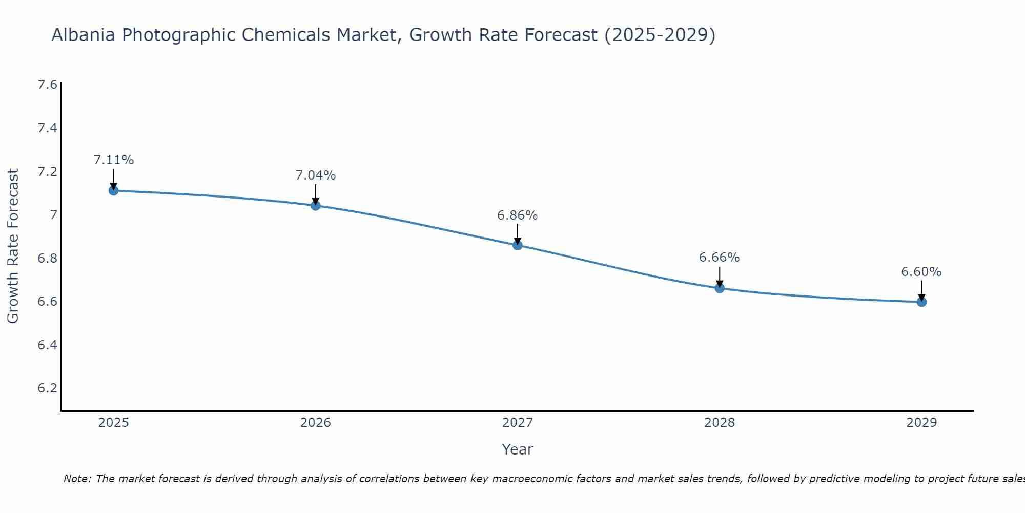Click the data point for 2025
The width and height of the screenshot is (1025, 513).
113,190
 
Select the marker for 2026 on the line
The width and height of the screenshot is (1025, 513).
315,206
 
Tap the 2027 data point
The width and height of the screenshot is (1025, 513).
517,245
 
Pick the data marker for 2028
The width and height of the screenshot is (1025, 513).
719,288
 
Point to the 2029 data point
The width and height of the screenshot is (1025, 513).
921,302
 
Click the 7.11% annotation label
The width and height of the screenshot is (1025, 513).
113,160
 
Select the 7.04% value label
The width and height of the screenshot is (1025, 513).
315,175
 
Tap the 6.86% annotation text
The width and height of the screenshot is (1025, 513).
517,215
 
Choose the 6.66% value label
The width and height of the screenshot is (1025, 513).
719,258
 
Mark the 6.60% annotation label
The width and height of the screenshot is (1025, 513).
921,272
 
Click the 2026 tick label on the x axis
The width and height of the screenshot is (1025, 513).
315,423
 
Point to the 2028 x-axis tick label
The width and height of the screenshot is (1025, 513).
719,423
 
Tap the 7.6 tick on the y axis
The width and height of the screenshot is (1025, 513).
47,85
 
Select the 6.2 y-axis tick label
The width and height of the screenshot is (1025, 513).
47,388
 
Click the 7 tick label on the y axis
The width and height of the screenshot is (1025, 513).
53,214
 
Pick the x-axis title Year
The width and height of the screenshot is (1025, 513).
517,449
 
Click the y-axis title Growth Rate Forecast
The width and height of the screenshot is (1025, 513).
13,246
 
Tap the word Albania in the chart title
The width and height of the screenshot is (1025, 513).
84,35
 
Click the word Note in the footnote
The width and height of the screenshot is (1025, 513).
77,479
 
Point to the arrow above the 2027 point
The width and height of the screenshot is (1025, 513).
517,234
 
